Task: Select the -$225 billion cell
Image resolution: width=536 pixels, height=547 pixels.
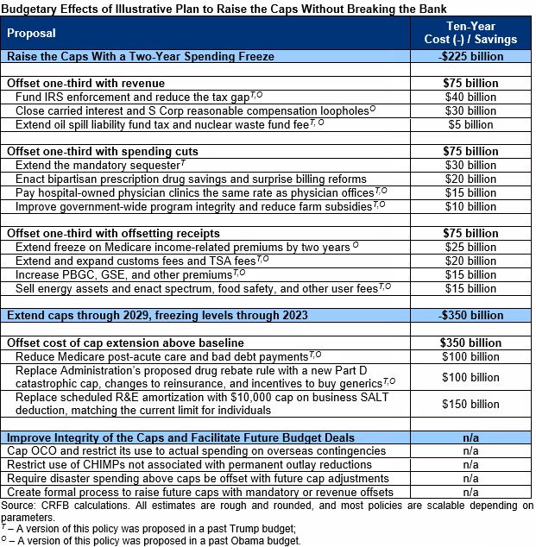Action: (470, 56)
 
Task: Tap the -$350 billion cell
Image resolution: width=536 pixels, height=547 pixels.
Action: (470, 315)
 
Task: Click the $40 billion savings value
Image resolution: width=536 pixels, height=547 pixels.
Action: (470, 97)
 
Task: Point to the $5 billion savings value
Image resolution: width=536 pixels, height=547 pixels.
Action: (470, 124)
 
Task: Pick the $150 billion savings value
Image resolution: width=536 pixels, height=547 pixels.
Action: (470, 404)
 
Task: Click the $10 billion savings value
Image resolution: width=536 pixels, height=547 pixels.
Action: (470, 206)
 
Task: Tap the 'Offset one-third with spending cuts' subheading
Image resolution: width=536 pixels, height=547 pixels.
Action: (97, 151)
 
